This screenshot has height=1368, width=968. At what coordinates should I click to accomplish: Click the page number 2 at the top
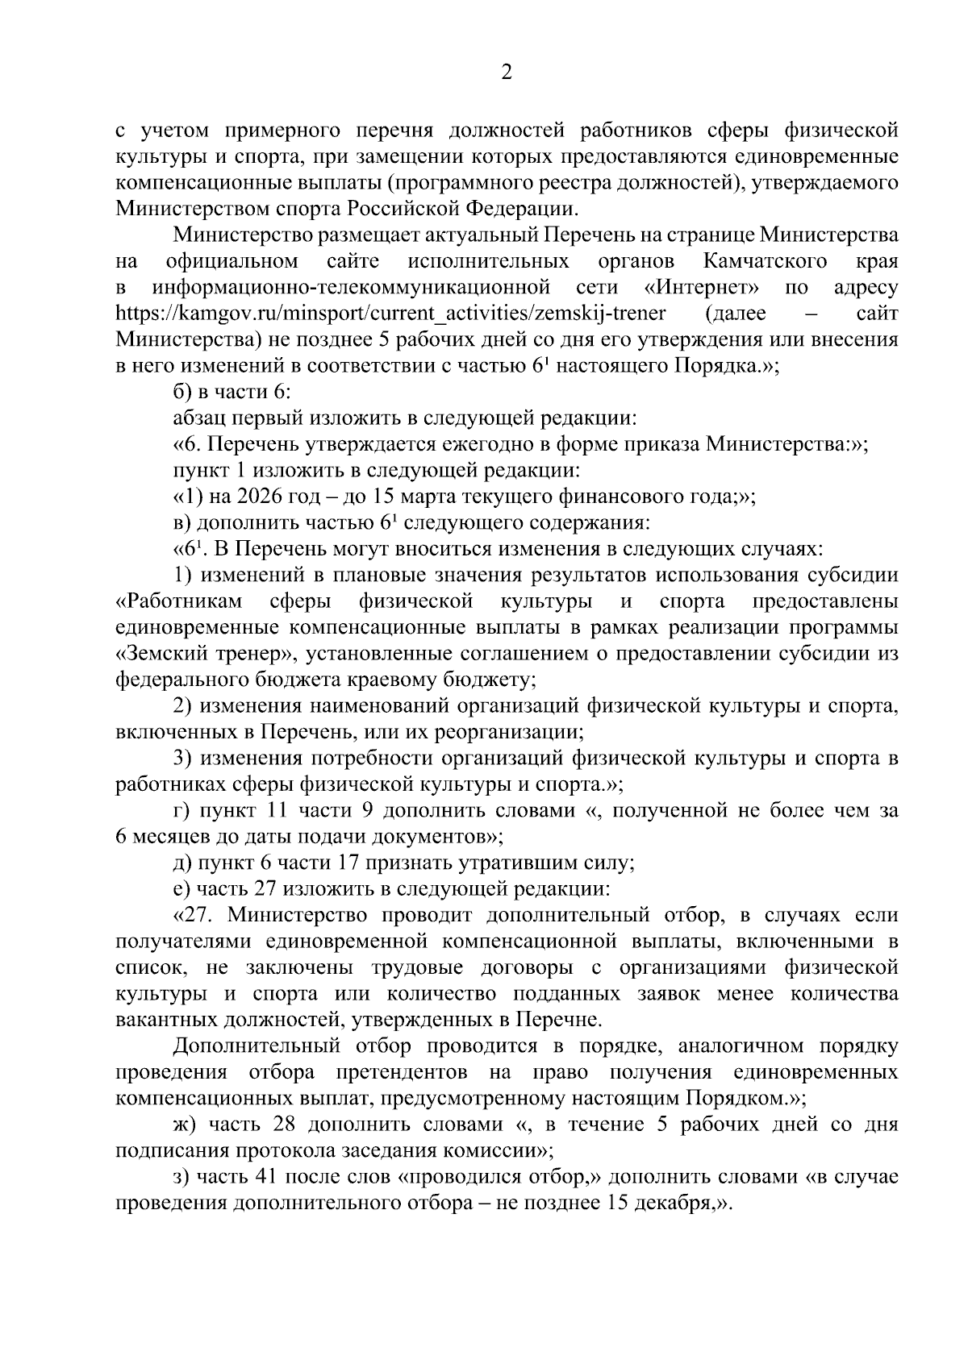pos(507,73)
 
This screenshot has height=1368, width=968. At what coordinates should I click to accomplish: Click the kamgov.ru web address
pos(391,314)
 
